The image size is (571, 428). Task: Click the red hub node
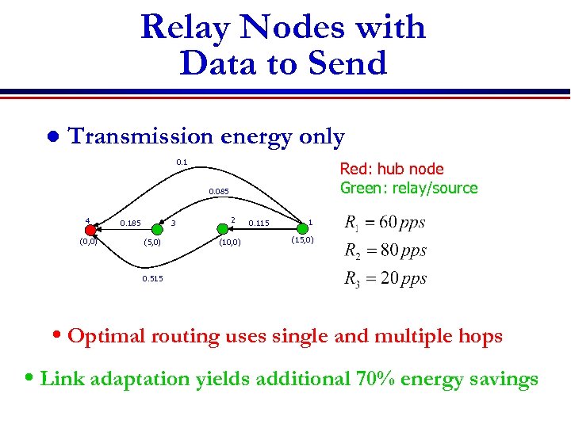coord(90,230)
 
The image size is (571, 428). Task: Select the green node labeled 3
coord(158,230)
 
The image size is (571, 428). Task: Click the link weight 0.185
coord(130,224)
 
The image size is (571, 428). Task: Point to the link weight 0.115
coord(259,224)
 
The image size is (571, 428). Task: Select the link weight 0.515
coord(152,279)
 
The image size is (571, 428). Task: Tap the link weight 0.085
coord(219,192)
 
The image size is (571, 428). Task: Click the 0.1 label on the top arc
coord(182,162)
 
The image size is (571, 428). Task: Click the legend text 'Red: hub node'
coord(392,169)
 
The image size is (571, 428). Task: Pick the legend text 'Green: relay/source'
coord(408,188)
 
